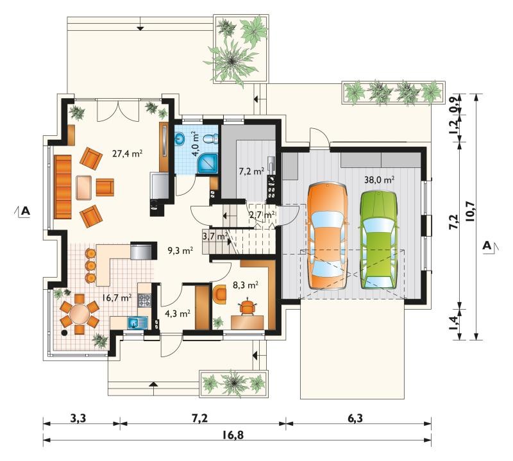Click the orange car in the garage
pos(327,236)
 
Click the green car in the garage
pos(378,240)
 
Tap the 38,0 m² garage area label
pos(379,180)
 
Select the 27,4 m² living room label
pos(127,153)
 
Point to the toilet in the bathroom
pos(210,138)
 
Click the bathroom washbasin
pos(180,138)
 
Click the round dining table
pos(79,314)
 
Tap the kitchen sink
pos(137,323)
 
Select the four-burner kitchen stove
pos(144,300)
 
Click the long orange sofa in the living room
pos(63,187)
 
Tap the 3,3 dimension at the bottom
pos(78,419)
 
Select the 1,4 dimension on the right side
pos(453,322)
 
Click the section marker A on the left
pos(25,212)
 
